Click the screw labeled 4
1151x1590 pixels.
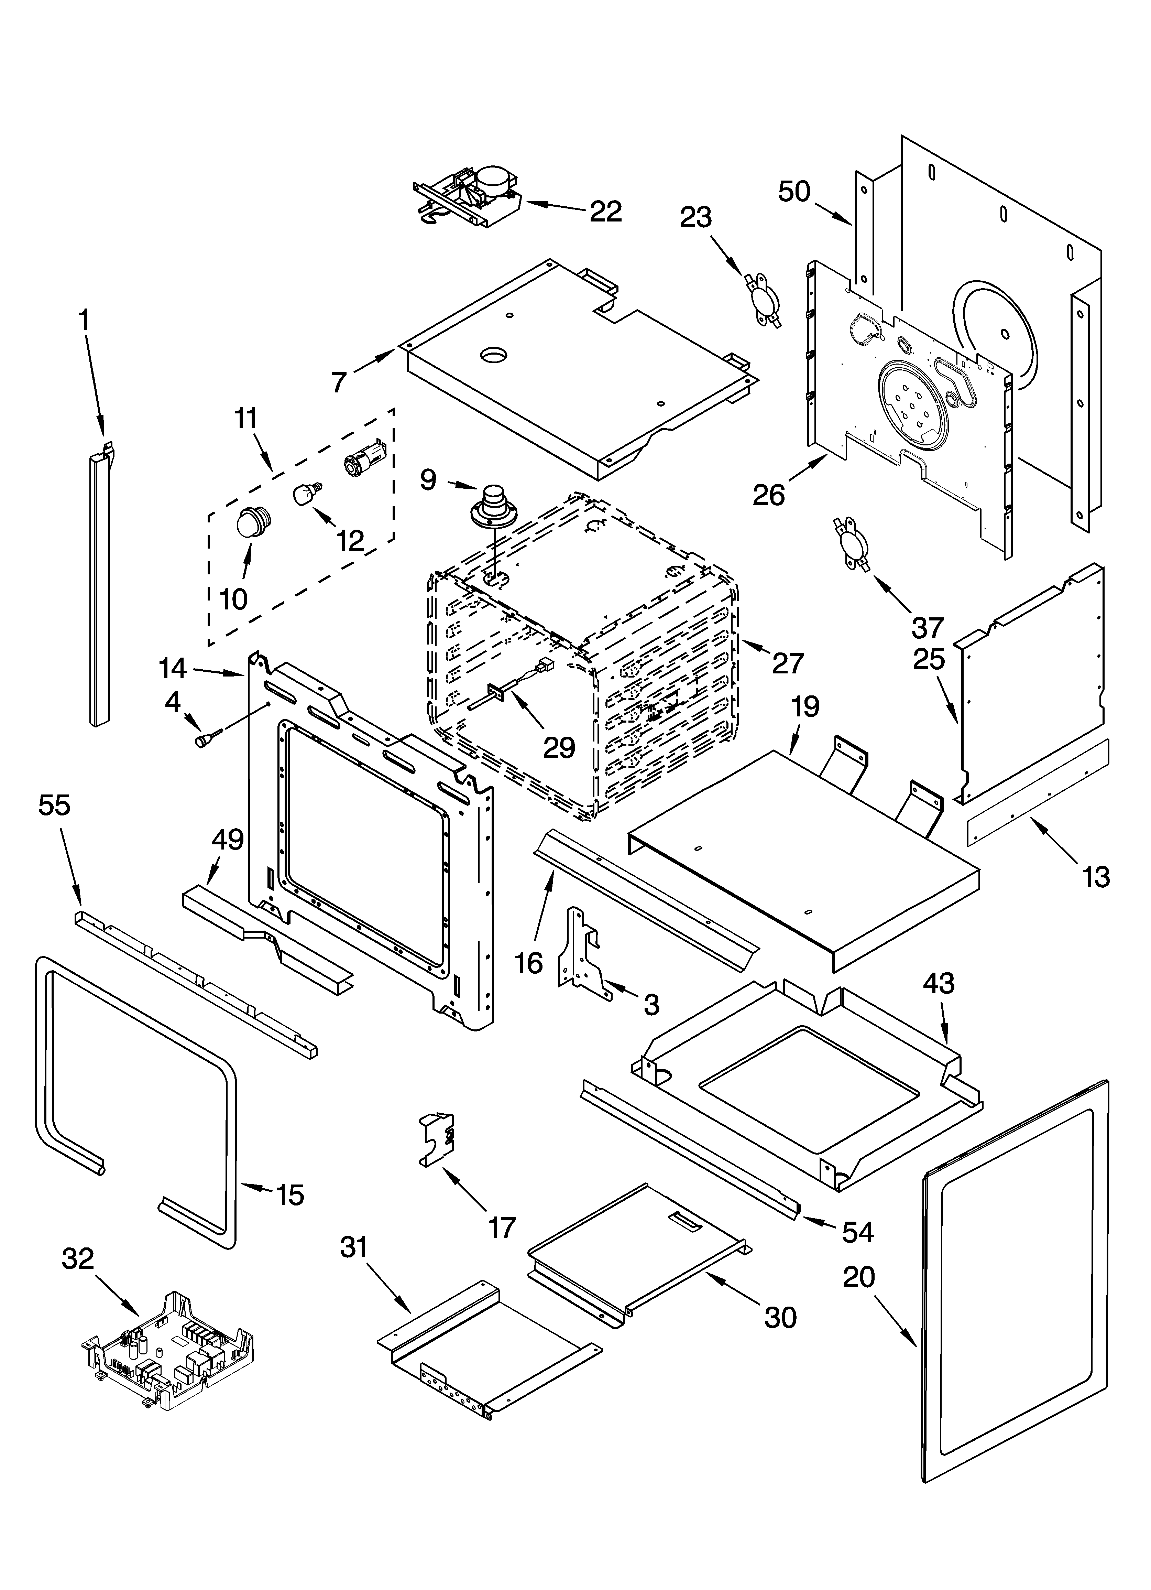[x=208, y=737]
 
